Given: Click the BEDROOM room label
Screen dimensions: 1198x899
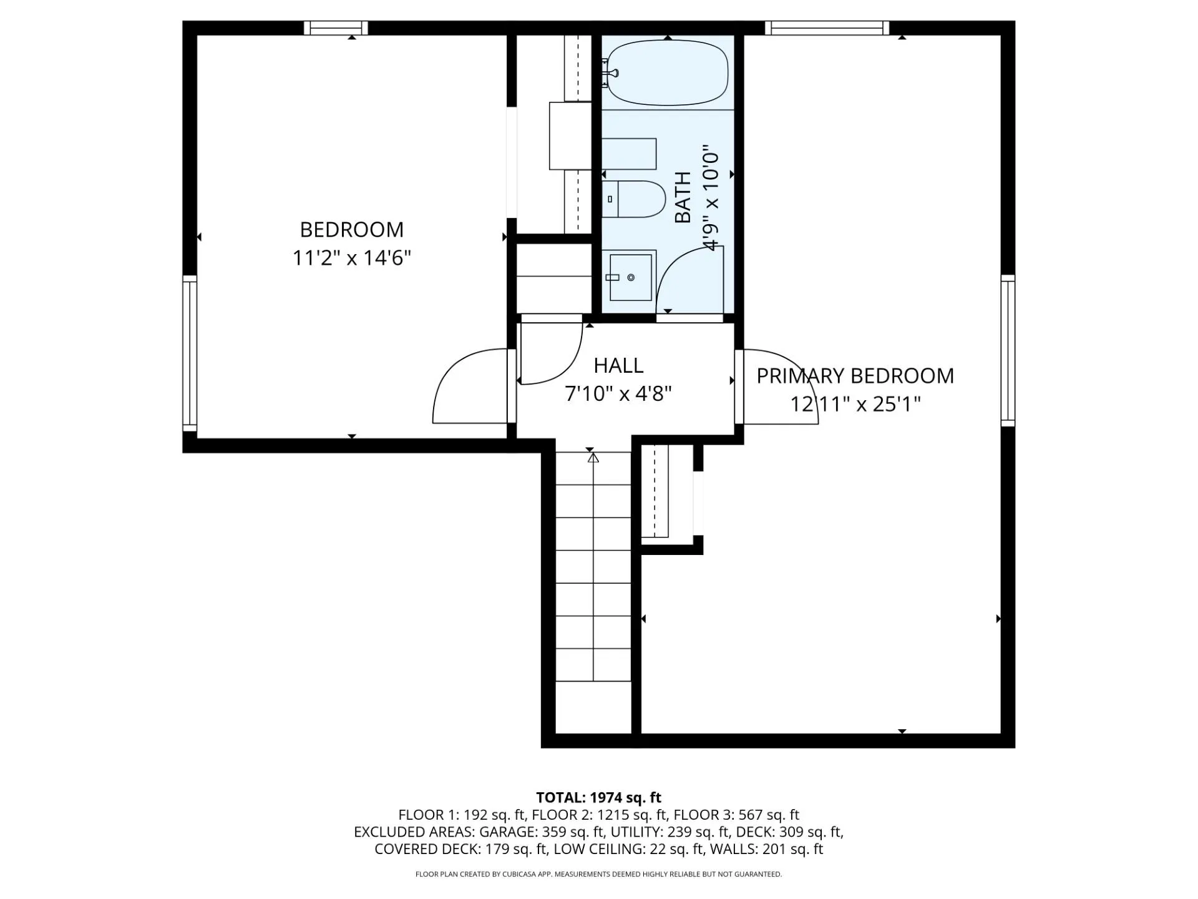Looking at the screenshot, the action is pos(352,230).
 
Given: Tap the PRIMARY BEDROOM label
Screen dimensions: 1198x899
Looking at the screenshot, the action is pos(855,376).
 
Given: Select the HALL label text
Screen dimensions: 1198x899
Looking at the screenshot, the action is pos(618,365).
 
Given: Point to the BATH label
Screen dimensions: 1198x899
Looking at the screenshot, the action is pos(683,197).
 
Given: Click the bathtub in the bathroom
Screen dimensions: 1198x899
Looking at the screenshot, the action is pos(668,72).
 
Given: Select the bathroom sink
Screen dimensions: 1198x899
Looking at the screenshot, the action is pos(630,277).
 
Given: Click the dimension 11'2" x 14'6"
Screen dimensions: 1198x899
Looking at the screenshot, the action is pos(352,258).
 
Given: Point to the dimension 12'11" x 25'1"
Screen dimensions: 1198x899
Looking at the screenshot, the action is pos(855,405).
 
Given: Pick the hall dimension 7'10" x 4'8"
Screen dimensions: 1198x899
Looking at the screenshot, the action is pos(618,394).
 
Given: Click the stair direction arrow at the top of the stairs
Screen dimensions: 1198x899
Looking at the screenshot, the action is pos(593,458).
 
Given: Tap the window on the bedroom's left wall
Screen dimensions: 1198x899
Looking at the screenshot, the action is pos(190,353).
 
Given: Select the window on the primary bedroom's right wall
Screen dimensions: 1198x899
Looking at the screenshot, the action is pos(1008,350).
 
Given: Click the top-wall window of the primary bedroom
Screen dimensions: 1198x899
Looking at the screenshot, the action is pos(827,28).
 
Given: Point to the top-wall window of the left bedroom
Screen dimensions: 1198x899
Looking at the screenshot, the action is pos(336,28).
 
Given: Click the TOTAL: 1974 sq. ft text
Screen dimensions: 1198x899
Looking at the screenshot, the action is pos(599,798).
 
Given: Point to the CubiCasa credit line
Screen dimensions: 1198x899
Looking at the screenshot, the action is pos(599,875).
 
